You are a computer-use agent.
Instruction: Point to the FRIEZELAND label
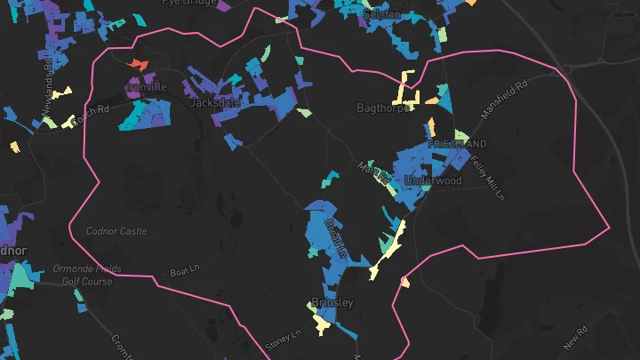[x=457, y=144]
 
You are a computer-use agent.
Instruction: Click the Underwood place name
[x=433, y=180]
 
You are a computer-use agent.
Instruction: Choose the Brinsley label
[x=332, y=302]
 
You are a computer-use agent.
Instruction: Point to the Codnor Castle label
[x=116, y=231]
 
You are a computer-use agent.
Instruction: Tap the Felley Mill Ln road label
[x=490, y=172]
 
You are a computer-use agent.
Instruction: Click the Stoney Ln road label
[x=284, y=338]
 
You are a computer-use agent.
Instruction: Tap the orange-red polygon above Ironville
[x=137, y=64]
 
